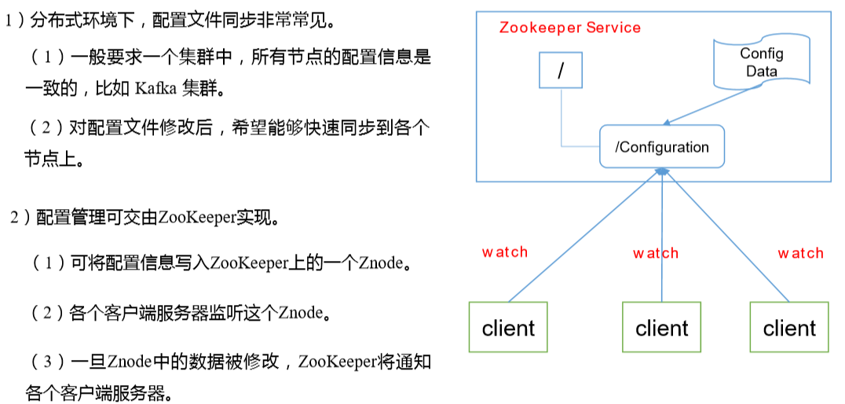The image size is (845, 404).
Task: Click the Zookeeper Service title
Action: click(x=569, y=28)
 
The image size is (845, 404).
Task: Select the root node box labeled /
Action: click(x=561, y=71)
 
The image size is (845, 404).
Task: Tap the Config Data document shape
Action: click(x=761, y=62)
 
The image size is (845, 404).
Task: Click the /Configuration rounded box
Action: click(x=661, y=147)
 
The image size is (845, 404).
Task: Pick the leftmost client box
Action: click(x=508, y=327)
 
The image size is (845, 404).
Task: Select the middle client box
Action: click(x=661, y=327)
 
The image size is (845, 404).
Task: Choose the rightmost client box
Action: click(x=789, y=327)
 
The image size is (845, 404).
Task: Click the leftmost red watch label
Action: click(x=505, y=252)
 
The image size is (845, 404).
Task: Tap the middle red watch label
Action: click(x=656, y=253)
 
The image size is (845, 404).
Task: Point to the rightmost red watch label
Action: click(x=800, y=253)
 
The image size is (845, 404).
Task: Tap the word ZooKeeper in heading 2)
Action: click(x=197, y=218)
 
